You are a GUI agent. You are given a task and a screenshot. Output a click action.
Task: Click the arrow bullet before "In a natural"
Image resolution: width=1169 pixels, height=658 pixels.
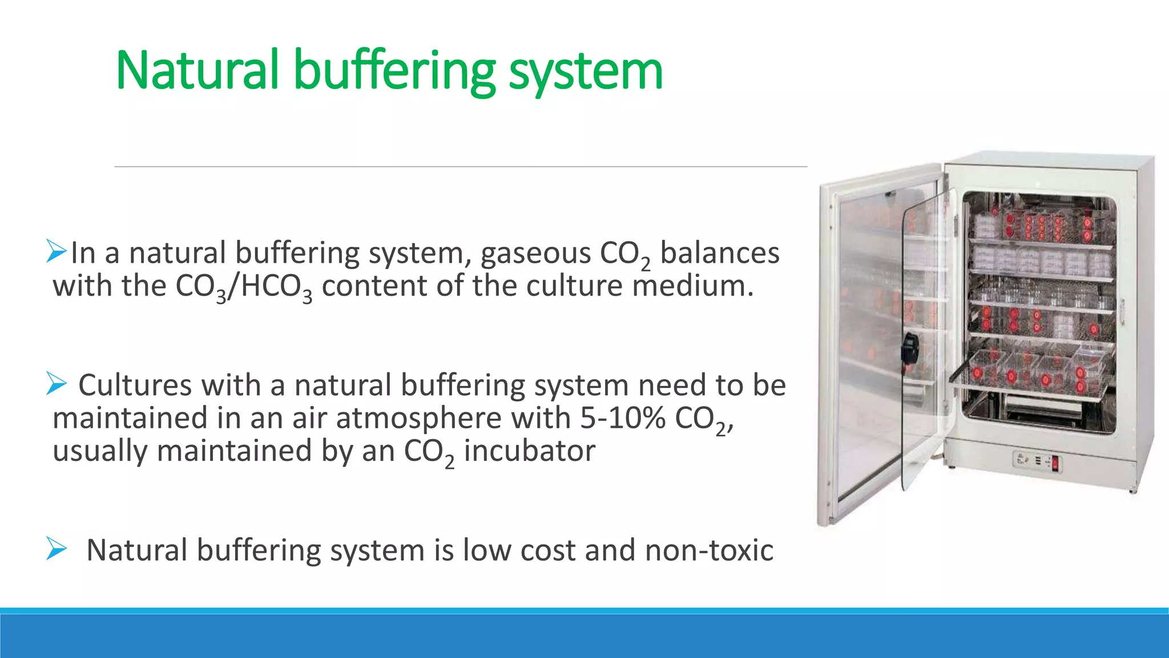pos(57,251)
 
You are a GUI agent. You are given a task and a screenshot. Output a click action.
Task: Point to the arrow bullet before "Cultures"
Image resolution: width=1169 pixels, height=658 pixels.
pos(57,383)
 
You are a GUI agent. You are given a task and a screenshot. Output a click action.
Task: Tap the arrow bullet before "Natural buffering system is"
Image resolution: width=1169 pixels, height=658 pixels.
pos(57,549)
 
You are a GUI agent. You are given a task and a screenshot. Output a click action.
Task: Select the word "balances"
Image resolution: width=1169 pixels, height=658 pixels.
pos(719,253)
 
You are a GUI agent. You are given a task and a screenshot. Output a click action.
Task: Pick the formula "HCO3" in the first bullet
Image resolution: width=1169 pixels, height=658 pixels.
pos(276,287)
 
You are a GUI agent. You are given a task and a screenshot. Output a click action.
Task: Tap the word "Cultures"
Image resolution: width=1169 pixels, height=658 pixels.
pos(135,385)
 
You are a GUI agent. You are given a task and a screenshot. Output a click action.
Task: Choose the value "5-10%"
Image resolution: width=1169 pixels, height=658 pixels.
pos(623,418)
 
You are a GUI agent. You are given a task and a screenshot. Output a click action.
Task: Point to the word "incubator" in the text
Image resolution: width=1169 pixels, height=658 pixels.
pos(529,451)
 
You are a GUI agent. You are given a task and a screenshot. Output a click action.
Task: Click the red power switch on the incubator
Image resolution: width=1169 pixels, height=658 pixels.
pos(1055,463)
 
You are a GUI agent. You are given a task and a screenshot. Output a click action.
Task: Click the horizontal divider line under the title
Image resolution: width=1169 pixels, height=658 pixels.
pos(461,167)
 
